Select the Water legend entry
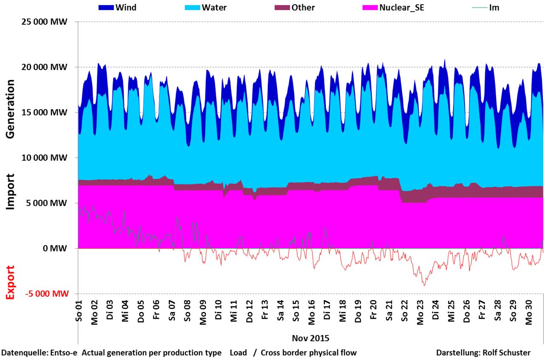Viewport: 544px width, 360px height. pos(214,8)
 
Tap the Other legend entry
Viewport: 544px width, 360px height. pos(303,8)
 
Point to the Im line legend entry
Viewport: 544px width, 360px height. pos(494,8)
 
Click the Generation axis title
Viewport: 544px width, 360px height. pos(11,109)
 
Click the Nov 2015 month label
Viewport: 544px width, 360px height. pos(310,338)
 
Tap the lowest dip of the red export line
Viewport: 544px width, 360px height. pos(424,285)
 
